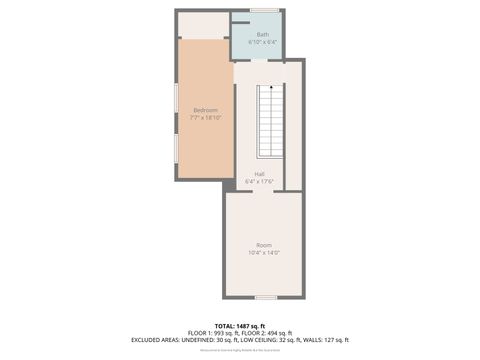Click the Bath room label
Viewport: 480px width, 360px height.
[x=262, y=35]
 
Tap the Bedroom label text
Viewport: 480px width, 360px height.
[x=205, y=110]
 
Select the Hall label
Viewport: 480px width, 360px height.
[x=259, y=174]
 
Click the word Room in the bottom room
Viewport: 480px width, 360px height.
[x=263, y=245]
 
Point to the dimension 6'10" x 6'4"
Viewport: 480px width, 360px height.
[x=262, y=43]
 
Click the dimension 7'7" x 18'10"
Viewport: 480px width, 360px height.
[x=205, y=118]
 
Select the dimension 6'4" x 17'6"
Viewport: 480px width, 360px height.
[x=259, y=181]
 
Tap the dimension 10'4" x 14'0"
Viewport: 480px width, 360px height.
[x=263, y=252]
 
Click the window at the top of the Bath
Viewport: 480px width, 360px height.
[x=263, y=11]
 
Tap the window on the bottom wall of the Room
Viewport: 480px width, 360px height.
[x=264, y=297]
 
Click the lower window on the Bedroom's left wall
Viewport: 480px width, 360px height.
[x=177, y=147]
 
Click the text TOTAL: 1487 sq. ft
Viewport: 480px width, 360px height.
[x=240, y=325]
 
